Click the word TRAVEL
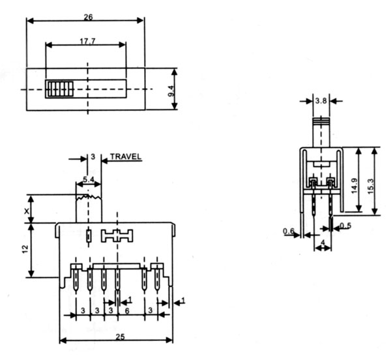[x=126, y=157]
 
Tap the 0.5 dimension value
[x=345, y=226]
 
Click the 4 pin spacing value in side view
[x=323, y=245]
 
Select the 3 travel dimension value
[x=93, y=157]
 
